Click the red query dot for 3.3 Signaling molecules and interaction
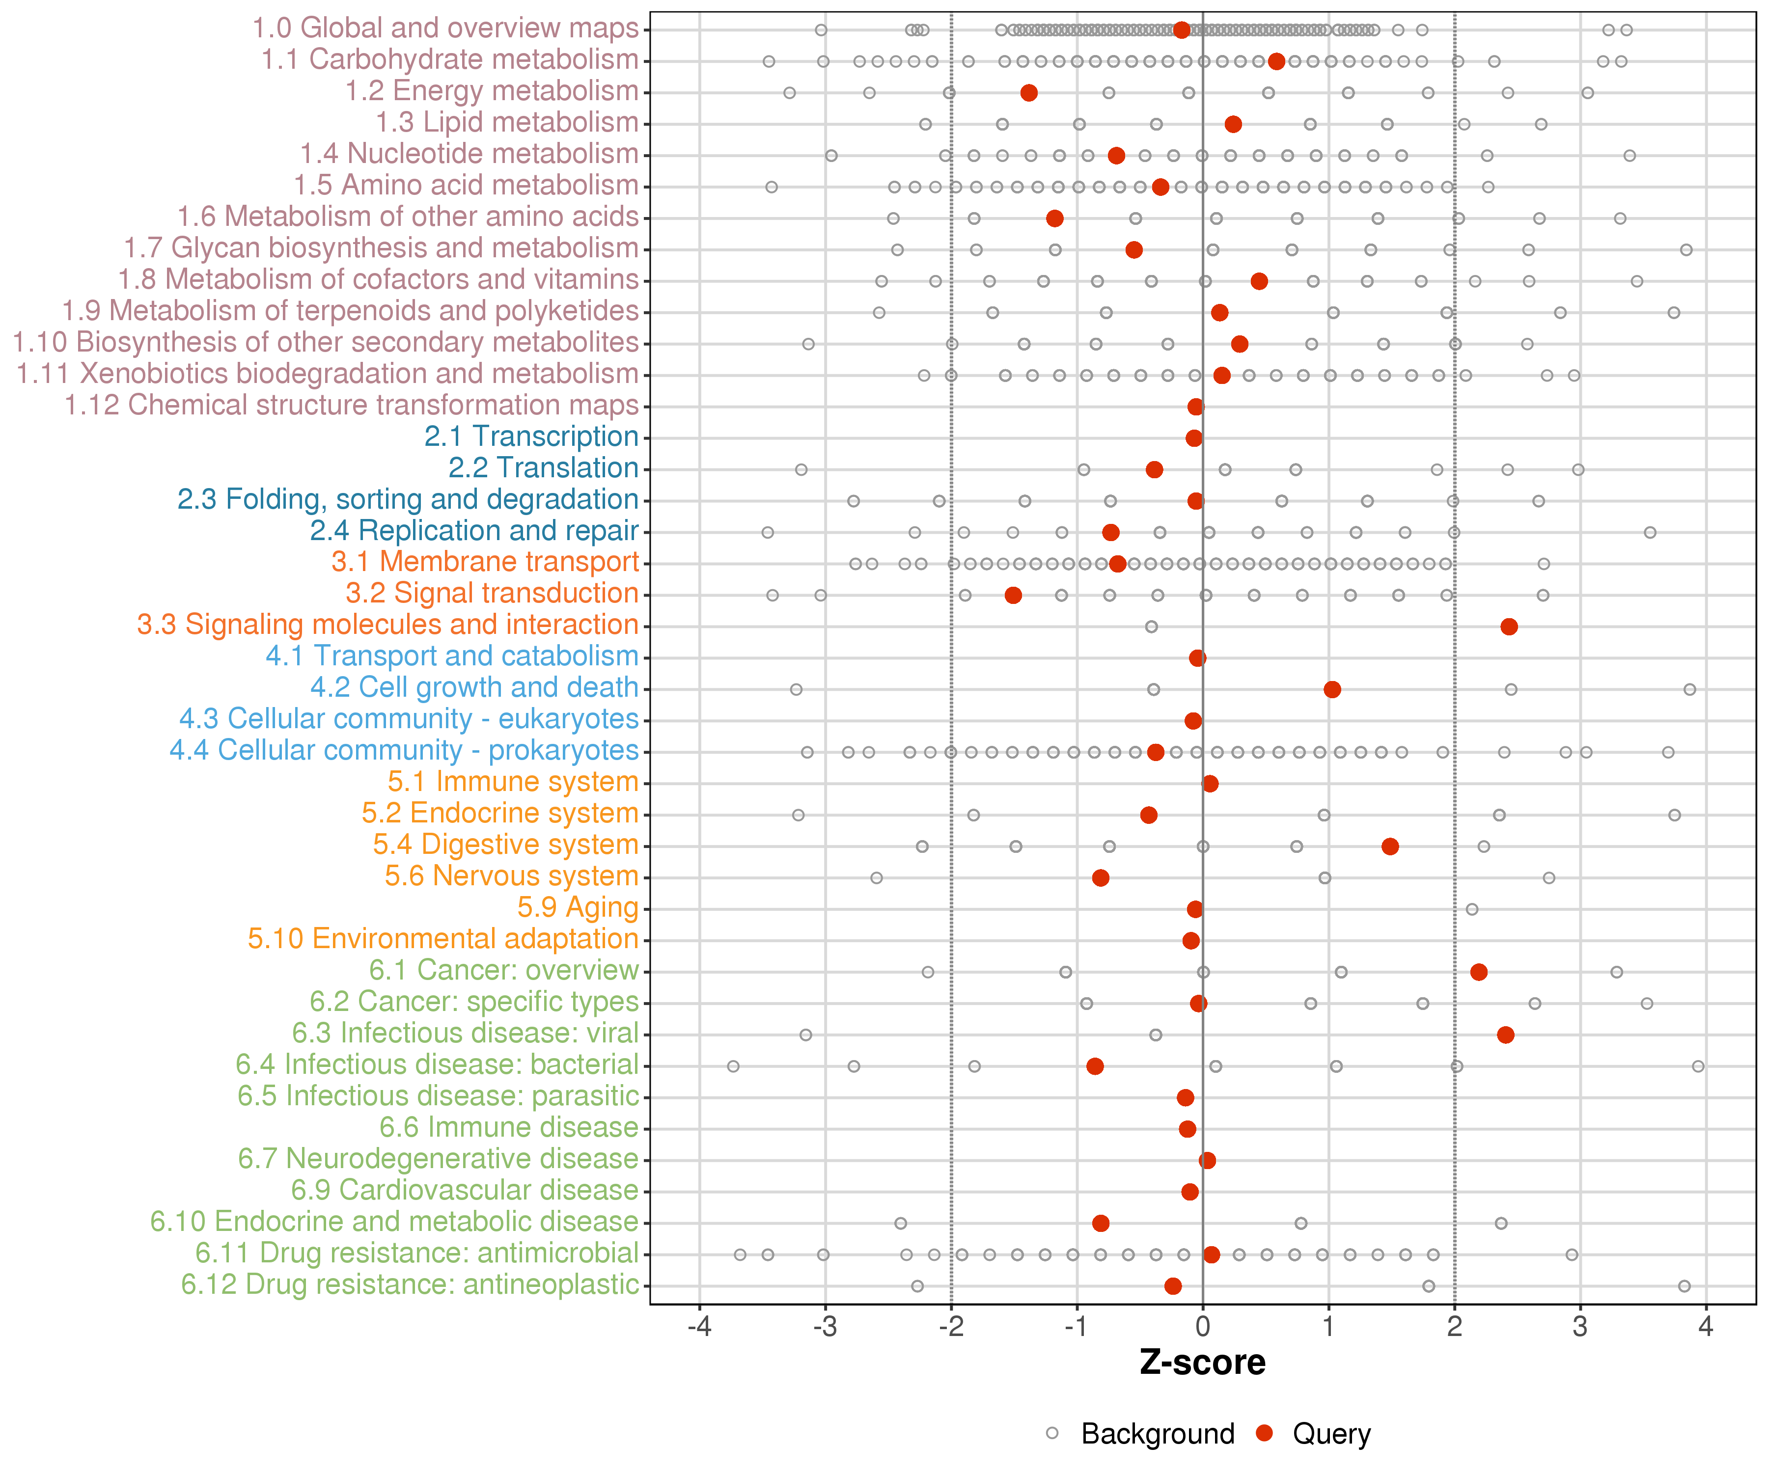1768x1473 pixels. click(x=1509, y=626)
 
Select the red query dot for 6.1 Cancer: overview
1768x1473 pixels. click(x=1478, y=972)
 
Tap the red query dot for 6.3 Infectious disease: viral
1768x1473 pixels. click(x=1505, y=1035)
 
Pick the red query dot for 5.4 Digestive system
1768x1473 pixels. click(x=1390, y=846)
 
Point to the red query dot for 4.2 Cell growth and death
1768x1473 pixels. click(x=1332, y=689)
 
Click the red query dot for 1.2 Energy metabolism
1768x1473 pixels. click(x=1029, y=93)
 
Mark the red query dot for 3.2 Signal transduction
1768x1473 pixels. click(x=1013, y=595)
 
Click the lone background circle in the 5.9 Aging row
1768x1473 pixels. click(x=1472, y=909)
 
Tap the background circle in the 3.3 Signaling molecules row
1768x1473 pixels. click(x=1151, y=626)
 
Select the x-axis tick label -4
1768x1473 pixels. click(x=699, y=1327)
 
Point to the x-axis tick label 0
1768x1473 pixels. click(x=1202, y=1327)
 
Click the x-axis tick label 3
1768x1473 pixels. click(x=1580, y=1327)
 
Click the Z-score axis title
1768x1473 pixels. click(x=1202, y=1363)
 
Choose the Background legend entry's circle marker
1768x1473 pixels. click(x=1052, y=1433)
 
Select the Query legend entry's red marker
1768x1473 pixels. click(x=1264, y=1433)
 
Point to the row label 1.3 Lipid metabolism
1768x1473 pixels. click(x=507, y=122)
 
